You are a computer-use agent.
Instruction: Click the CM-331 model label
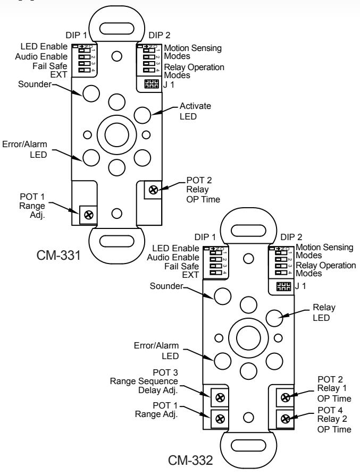pos(58,255)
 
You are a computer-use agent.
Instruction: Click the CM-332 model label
pos(190,460)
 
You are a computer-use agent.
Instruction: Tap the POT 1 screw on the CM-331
pos(89,215)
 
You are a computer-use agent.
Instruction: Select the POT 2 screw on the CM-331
pos(153,190)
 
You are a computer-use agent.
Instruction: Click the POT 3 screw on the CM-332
pos(220,397)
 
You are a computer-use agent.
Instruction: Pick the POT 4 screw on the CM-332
pos(285,419)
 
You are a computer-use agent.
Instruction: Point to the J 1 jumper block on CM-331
pos(152,84)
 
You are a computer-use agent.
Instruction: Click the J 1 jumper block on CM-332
pos(284,286)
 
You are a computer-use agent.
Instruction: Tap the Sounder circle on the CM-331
pos(91,93)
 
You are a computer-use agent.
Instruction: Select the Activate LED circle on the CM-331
pos(142,115)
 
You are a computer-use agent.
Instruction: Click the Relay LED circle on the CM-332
pos(274,318)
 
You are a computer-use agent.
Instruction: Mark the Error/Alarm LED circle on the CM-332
pos(223,361)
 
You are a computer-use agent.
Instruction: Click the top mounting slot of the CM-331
pos(116,29)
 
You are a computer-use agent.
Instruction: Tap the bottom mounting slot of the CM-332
pos(248,446)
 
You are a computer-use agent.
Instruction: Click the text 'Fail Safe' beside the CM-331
pos(50,66)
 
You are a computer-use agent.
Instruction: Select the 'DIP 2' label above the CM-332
pos(291,237)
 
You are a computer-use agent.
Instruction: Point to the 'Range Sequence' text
pos(144,381)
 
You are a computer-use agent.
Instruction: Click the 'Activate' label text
pos(195,106)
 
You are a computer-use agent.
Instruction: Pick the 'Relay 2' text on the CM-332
pos(332,419)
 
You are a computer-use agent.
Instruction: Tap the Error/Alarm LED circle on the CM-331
pos(91,158)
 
